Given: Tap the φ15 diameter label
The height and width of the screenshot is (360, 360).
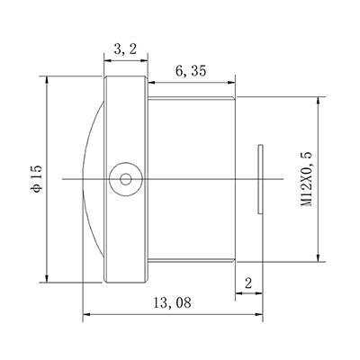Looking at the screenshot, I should [x=35, y=178].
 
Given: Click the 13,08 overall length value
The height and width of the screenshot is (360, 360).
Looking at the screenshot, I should [x=170, y=303].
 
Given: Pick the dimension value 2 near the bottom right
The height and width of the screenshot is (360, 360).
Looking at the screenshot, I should [x=248, y=283].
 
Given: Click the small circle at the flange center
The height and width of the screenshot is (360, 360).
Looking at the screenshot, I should [x=124, y=177].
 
